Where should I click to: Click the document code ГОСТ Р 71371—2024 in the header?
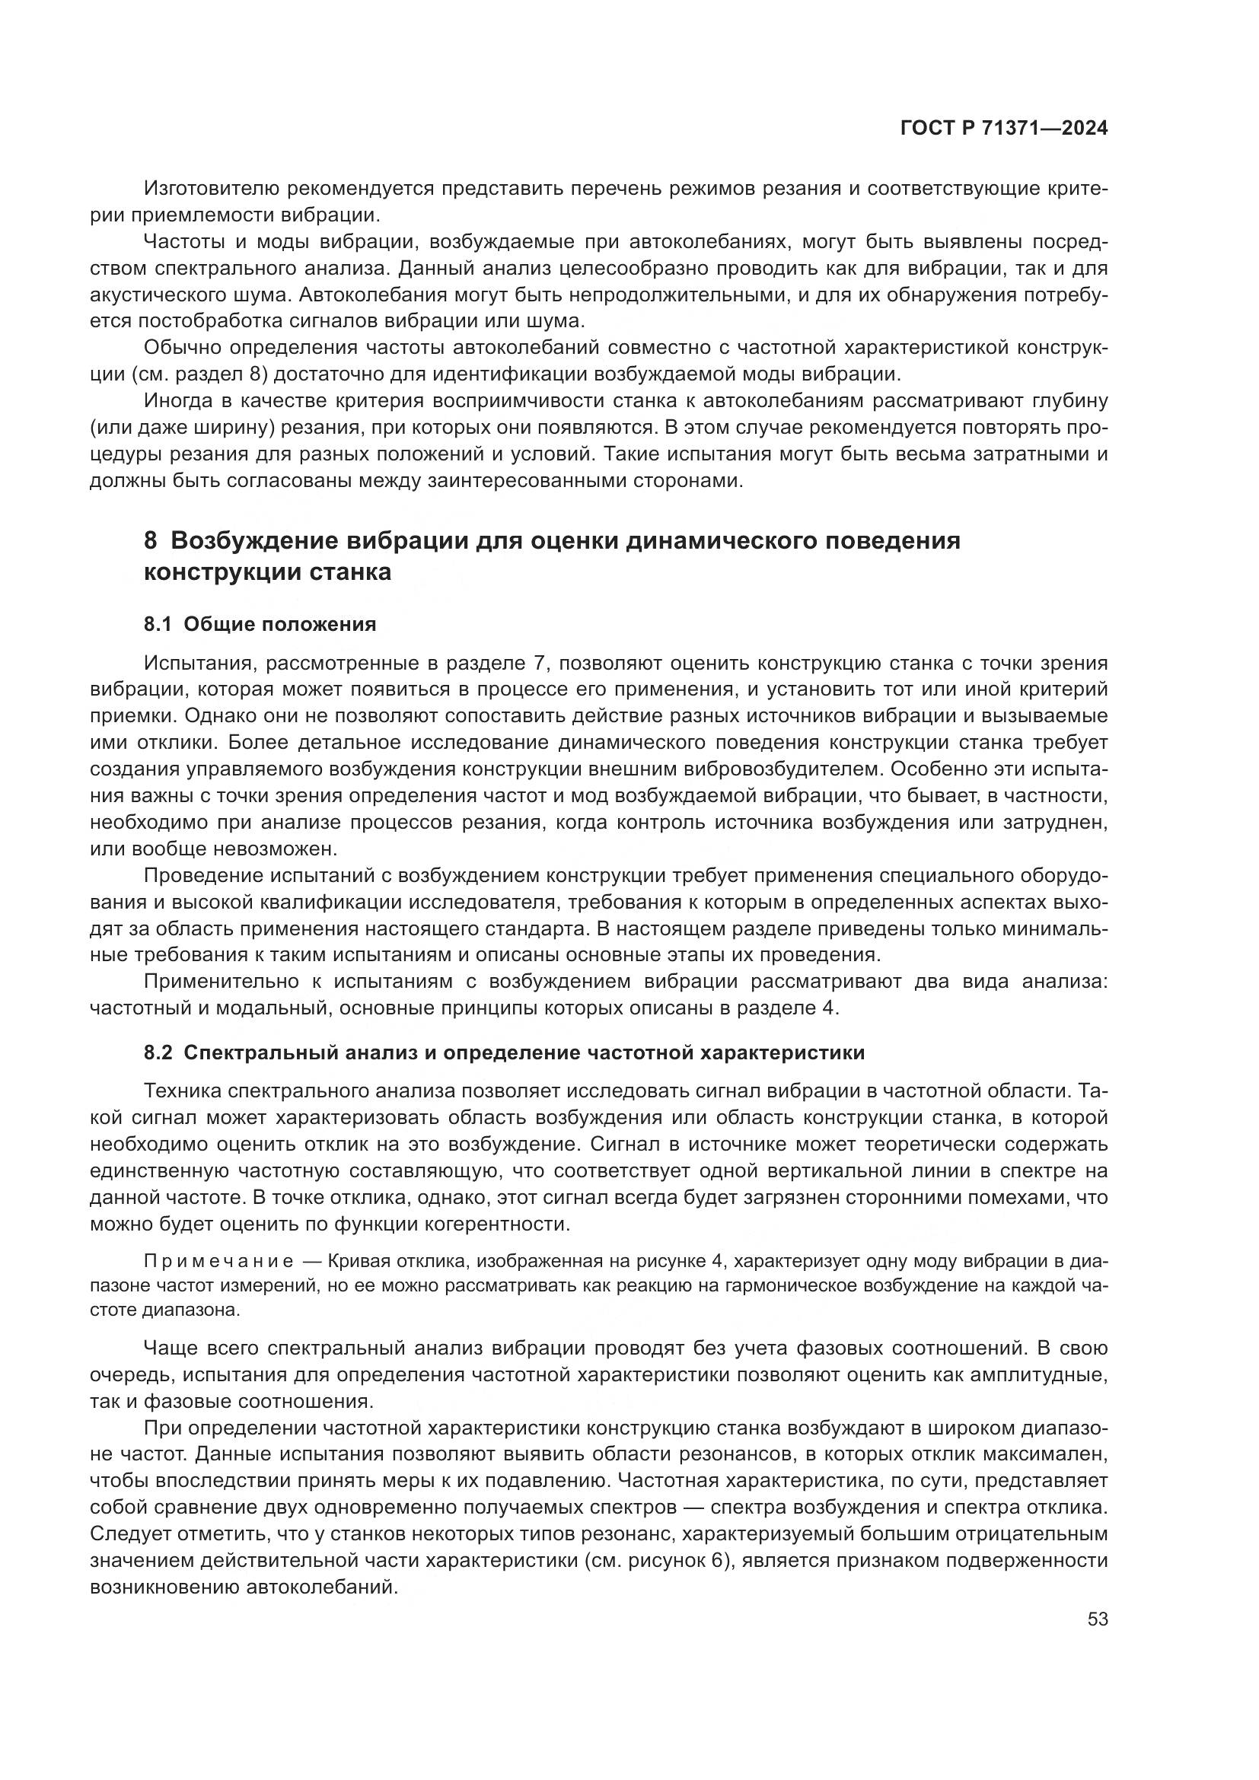pos(1003,129)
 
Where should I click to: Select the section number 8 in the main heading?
pos(150,540)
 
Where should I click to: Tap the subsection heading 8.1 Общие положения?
pos(260,624)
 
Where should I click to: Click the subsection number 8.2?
pos(158,1052)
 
